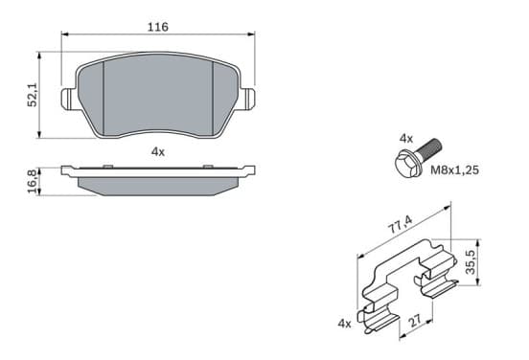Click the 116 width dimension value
[157, 27]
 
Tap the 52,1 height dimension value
[33, 96]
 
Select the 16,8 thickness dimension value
[33, 182]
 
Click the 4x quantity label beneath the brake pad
[158, 152]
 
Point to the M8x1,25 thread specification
[454, 169]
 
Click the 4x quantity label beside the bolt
[406, 138]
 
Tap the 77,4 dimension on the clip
[401, 225]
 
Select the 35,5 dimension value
[471, 262]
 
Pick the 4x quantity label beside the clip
[344, 324]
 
